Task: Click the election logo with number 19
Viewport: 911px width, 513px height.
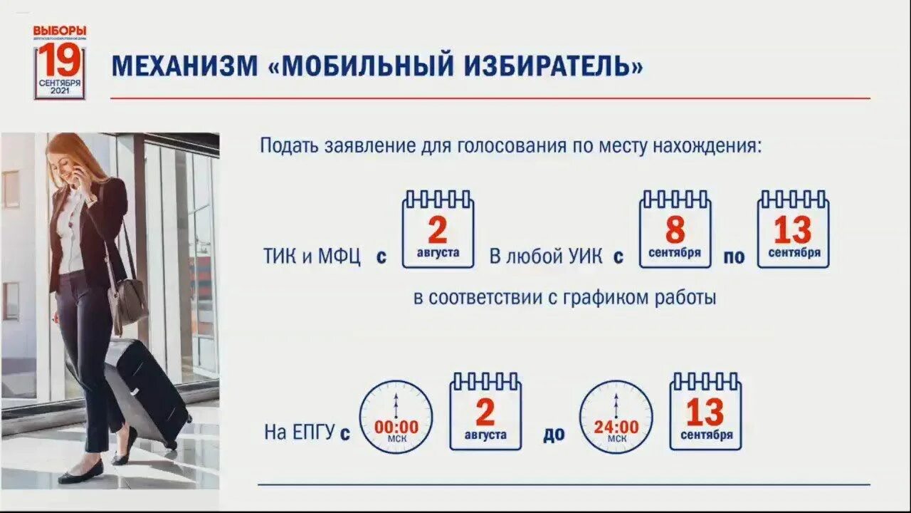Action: tap(60, 63)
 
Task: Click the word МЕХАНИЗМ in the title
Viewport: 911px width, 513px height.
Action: tap(185, 66)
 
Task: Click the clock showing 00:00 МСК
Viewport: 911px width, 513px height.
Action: tap(396, 417)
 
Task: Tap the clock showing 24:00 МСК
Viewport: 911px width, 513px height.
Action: tap(616, 417)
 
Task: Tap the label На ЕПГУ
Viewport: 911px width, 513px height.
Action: tap(299, 432)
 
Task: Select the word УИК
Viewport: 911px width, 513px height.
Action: tap(584, 256)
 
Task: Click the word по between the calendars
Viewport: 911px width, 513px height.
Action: tap(734, 257)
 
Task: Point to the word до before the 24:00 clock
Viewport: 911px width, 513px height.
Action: tap(554, 433)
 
